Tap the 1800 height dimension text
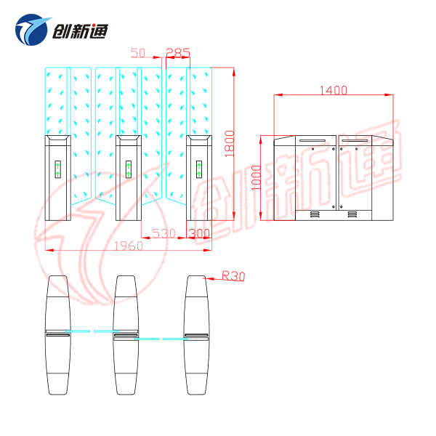tap(230, 142)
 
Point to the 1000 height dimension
tap(255, 176)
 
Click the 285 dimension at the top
tap(178, 52)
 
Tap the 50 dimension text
tap(139, 52)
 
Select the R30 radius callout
tap(233, 275)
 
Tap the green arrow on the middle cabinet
tap(128, 171)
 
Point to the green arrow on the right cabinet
tap(198, 171)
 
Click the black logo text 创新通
tap(81, 30)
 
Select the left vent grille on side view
tap(315, 214)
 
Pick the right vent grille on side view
tap(352, 214)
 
